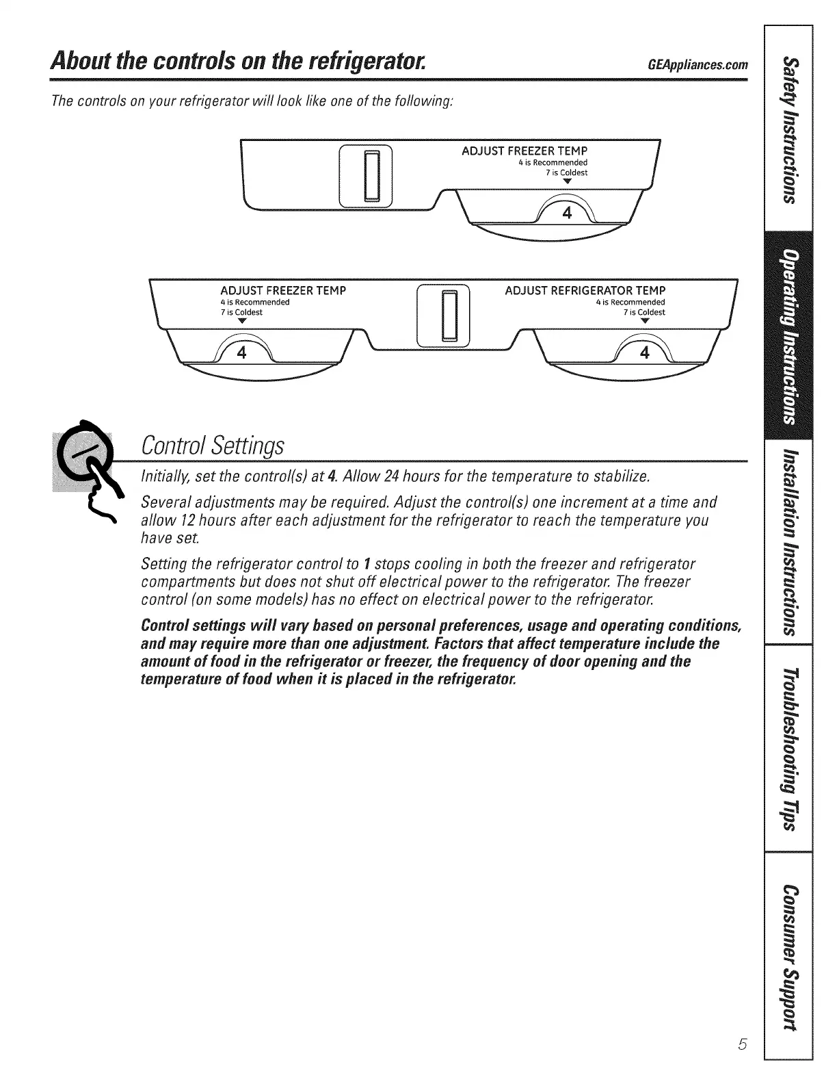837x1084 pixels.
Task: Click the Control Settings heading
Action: tap(211, 446)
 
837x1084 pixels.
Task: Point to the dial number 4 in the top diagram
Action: tap(566, 213)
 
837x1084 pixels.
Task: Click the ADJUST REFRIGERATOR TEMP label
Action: tap(585, 290)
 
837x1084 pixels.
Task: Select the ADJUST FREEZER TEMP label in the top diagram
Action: tap(524, 151)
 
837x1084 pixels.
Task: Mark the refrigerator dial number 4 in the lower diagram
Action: tap(643, 353)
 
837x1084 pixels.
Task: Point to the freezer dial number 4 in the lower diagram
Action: tap(241, 353)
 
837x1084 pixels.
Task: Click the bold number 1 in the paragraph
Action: tap(367, 564)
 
